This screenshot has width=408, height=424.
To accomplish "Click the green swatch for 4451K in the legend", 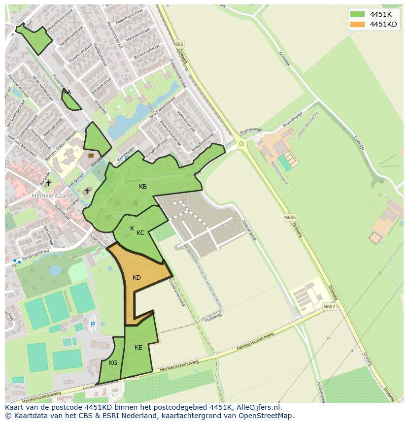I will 358,14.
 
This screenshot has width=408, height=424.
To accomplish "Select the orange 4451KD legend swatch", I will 358,24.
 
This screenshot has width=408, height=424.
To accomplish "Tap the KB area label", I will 143,187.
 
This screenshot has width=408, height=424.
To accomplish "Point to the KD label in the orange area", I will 136,278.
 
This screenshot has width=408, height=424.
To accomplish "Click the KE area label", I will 138,348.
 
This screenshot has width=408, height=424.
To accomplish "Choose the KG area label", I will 113,363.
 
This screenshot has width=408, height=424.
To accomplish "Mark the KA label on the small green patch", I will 67,92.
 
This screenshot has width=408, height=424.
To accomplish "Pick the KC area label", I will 140,233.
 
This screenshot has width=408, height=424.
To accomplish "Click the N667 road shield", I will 329,307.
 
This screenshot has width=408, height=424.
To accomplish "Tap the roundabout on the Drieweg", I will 241,144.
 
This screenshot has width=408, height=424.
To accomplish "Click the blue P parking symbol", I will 93,325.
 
